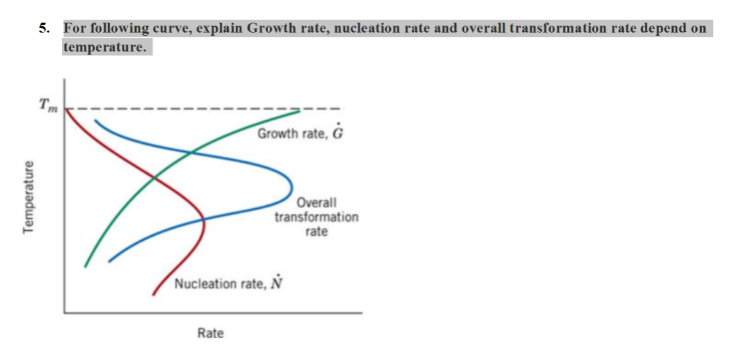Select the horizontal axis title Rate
(x=210, y=333)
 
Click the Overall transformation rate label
(x=316, y=217)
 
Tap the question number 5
(x=45, y=29)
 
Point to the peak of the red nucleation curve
(x=204, y=223)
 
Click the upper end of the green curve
(x=299, y=111)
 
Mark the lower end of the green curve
(x=85, y=266)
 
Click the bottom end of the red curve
(x=153, y=294)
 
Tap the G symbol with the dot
(x=337, y=134)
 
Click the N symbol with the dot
(x=275, y=283)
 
